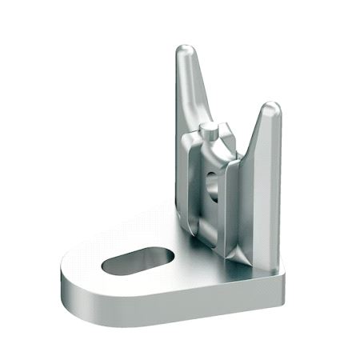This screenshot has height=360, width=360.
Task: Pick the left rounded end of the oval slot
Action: [111, 264]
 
